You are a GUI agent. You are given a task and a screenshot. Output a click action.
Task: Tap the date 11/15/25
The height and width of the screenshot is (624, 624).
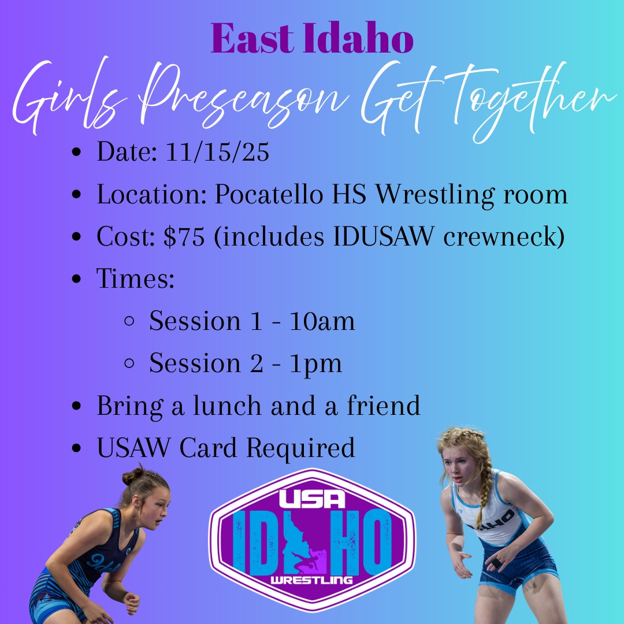(x=217, y=151)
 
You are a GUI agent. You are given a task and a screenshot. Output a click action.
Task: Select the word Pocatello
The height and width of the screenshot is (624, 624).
(x=269, y=194)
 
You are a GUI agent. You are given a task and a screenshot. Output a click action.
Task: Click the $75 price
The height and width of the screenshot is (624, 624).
(x=184, y=236)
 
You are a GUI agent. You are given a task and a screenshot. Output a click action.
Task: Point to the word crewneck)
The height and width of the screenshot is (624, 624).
(x=504, y=236)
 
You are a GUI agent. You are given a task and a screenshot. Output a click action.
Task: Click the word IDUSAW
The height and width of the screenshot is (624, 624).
(x=384, y=236)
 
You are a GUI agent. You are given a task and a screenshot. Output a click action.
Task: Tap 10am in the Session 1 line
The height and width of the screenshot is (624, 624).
(x=322, y=321)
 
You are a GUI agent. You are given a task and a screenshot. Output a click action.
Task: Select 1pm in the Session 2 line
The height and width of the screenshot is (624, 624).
(x=315, y=364)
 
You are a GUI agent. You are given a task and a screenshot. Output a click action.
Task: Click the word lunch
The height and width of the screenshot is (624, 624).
(x=227, y=406)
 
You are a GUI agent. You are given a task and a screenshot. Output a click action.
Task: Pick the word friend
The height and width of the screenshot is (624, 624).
(x=384, y=405)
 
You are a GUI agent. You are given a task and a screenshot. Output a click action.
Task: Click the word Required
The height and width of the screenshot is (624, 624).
(x=300, y=448)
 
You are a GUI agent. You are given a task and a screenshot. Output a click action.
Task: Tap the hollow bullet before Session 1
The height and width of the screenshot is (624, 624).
(x=129, y=321)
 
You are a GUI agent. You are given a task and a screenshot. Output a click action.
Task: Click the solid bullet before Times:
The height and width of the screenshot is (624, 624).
(x=76, y=278)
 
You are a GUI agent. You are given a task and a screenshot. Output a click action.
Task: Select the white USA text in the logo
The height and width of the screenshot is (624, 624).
(x=312, y=498)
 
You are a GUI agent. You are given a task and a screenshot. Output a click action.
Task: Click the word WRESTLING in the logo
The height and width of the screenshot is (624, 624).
(x=311, y=580)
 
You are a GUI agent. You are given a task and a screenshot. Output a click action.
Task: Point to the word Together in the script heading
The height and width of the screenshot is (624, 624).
(x=533, y=99)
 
